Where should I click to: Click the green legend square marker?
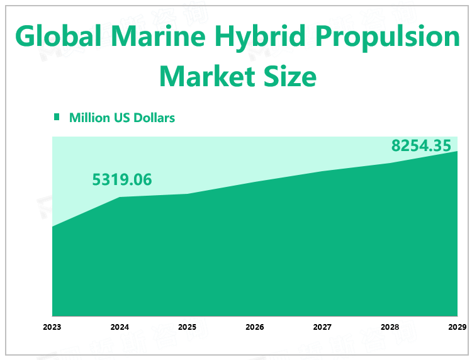57,117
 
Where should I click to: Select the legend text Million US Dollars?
122,118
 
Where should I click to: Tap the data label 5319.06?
122,180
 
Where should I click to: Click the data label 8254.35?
421,146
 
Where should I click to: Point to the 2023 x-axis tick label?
52,327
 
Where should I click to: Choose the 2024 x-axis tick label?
120,327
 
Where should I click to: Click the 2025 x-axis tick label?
187,327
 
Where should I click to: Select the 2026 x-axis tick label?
255,327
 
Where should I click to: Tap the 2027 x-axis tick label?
322,327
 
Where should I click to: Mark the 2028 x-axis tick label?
390,327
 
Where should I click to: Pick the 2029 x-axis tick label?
457,327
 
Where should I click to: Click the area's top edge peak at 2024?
120,197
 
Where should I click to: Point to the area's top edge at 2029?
457,151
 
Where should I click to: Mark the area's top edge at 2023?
52,227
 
